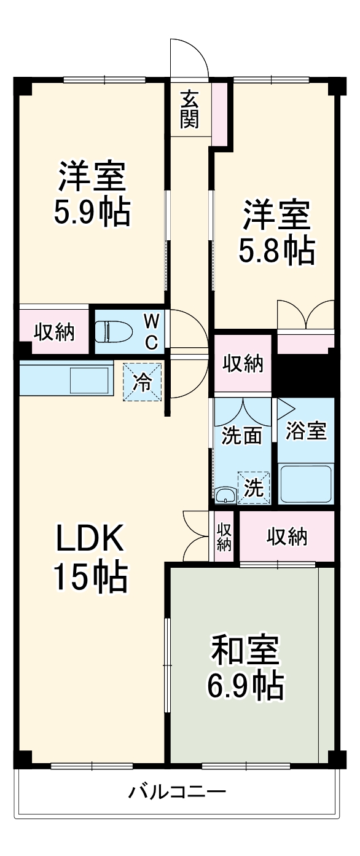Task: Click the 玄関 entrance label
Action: (x=190, y=109)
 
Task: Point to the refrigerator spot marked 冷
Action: (x=143, y=383)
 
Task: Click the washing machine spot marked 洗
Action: (x=253, y=488)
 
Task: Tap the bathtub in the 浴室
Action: (x=305, y=484)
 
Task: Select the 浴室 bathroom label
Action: (x=305, y=431)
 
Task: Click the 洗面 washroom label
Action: (x=241, y=435)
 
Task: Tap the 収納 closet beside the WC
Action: (x=54, y=332)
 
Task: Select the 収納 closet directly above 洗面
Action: (x=243, y=364)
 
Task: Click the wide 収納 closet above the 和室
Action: (x=286, y=536)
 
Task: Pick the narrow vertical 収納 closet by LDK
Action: (x=224, y=536)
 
